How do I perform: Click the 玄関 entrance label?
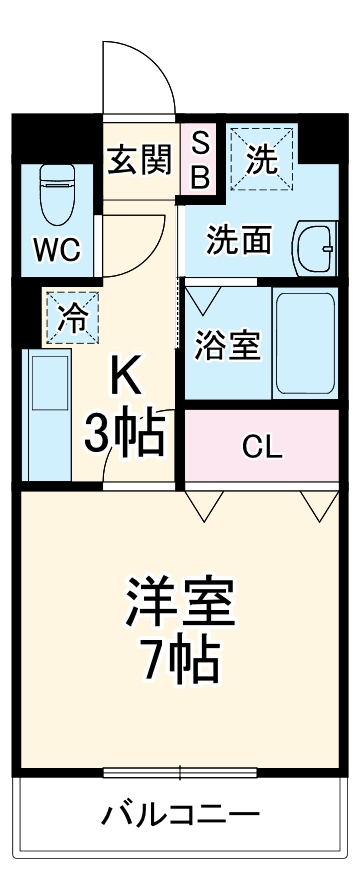coord(140,157)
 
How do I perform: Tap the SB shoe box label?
coord(199,160)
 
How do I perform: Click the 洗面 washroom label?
coord(239,240)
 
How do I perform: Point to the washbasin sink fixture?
coord(315,244)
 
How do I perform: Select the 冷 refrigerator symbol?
coord(71,316)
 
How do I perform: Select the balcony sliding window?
coord(180,772)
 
